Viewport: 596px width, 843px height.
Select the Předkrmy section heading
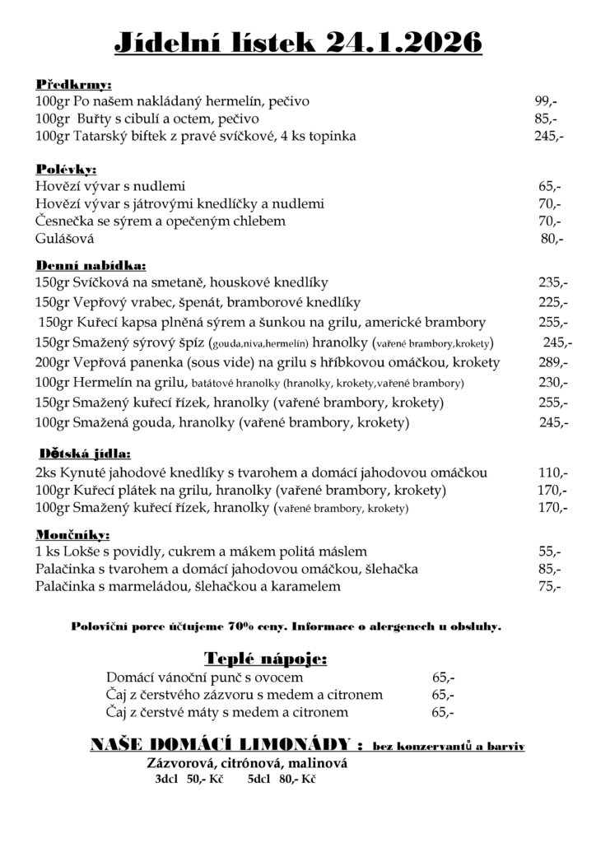click(74, 84)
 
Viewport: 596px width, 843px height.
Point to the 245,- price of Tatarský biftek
click(548, 136)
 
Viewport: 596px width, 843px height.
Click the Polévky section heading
click(67, 169)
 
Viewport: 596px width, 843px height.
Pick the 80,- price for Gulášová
click(552, 239)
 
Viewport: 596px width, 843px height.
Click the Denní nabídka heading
click(91, 265)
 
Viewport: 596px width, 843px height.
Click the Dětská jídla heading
click(86, 454)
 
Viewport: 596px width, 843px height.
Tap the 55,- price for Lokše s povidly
click(550, 551)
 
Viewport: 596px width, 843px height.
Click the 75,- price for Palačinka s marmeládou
click(550, 586)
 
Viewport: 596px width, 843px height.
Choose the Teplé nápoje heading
click(265, 659)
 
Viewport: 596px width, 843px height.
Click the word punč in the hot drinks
click(233, 678)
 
